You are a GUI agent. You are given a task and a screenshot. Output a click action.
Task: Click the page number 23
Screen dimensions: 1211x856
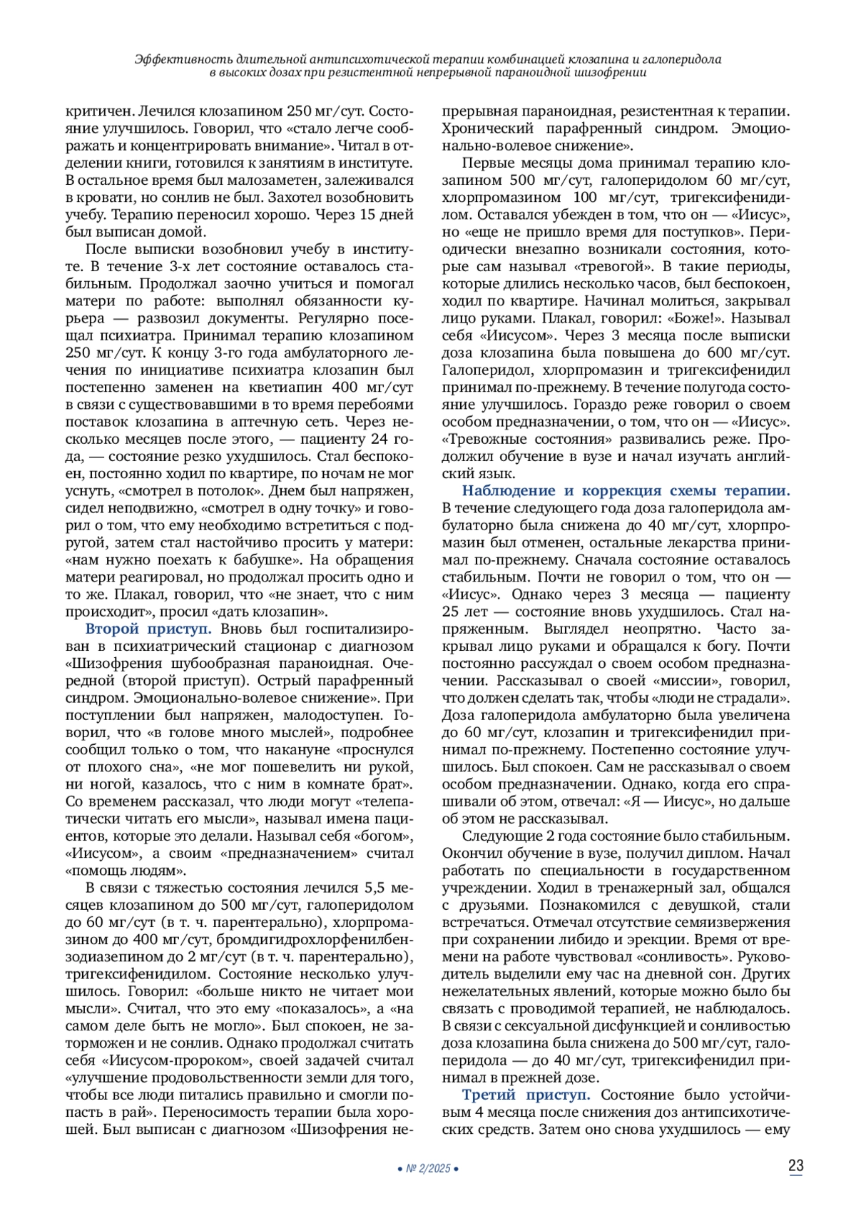tap(795, 1166)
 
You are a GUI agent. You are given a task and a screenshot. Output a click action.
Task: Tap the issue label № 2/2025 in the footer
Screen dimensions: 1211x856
tap(427, 1169)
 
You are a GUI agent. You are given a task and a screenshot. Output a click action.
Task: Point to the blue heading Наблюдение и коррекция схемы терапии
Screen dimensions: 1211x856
tap(626, 490)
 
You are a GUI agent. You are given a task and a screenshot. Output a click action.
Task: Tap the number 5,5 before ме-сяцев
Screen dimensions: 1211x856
tap(377, 888)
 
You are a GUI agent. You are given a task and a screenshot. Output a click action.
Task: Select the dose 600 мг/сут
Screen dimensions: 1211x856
tap(748, 353)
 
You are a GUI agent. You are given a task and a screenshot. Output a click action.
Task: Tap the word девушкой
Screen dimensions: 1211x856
tap(685, 905)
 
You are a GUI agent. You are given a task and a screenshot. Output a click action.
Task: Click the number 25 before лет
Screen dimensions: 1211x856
tap(450, 612)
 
